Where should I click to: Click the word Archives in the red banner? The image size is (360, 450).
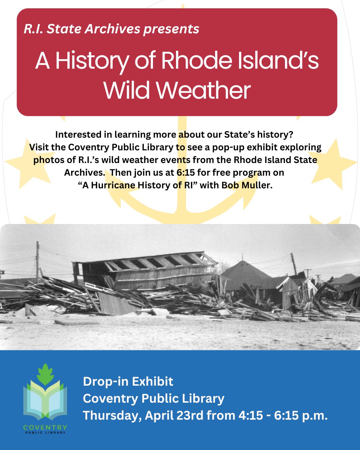coord(113,29)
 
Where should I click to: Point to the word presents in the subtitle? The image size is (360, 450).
coord(171,29)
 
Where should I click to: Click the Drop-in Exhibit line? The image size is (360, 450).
coord(128,381)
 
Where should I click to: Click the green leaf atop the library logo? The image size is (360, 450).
coord(45,374)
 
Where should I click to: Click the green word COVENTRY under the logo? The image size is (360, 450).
coord(45,427)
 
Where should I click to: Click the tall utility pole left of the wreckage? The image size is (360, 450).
coord(38,260)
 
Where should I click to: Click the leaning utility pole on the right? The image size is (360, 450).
coord(294,263)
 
